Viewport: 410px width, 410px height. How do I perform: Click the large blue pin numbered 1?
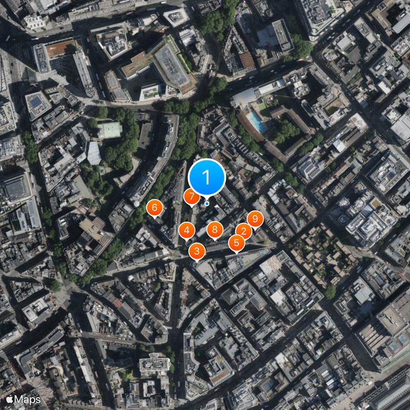[207, 177]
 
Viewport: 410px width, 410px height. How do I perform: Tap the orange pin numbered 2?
[243, 232]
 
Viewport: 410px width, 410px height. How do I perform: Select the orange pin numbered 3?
[197, 251]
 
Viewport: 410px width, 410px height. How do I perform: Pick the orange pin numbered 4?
[187, 231]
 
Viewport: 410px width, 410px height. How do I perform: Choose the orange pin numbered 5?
[236, 243]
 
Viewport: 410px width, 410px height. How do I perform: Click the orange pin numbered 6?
[154, 208]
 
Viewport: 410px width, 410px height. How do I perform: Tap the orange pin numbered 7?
[192, 196]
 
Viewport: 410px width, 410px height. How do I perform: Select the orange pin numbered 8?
[215, 230]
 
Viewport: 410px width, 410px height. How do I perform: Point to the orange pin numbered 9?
[255, 219]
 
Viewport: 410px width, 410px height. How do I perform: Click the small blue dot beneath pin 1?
[207, 203]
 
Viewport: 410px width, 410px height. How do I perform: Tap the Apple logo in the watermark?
[9, 399]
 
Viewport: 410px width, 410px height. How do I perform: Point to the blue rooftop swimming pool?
[256, 121]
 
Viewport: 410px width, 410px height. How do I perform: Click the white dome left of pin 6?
[136, 203]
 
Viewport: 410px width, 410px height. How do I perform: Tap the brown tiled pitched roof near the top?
[247, 60]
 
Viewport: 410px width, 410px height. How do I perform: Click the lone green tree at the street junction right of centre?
[330, 292]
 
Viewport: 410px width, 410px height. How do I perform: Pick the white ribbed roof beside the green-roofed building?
[94, 153]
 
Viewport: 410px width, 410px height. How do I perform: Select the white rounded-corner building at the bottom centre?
[155, 364]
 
